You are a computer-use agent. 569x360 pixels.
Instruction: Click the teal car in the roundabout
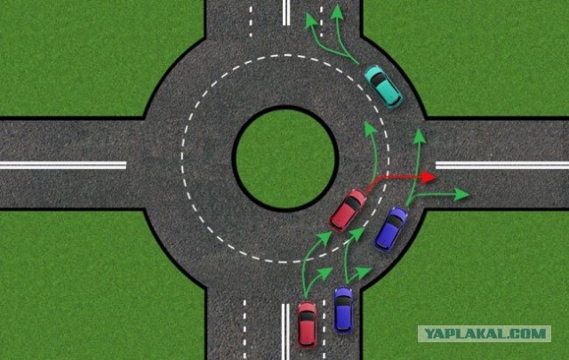[x=383, y=87]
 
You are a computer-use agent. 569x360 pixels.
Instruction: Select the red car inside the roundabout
[x=348, y=210]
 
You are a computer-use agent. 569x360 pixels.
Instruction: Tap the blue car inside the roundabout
[x=391, y=229]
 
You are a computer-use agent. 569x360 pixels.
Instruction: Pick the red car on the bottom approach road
[x=307, y=324]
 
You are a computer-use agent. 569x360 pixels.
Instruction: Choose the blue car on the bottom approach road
[x=343, y=309]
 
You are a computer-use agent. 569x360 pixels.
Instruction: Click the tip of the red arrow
[x=435, y=177]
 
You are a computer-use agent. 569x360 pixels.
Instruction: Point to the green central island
[x=285, y=158]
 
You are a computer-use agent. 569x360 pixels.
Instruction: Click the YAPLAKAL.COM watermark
[x=485, y=334]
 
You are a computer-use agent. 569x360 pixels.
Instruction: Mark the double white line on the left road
[x=63, y=165]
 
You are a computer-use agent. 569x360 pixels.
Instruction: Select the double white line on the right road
[x=502, y=165]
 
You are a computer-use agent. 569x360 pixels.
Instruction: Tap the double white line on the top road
[x=286, y=12]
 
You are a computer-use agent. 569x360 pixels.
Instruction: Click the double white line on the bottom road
[x=285, y=332]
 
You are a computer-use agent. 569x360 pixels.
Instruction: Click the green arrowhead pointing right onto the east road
[x=461, y=194]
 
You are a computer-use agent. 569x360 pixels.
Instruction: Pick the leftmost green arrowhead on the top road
[x=310, y=20]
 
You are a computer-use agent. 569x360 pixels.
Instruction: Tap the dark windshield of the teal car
[x=379, y=79]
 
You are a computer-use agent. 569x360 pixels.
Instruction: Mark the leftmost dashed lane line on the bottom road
[x=244, y=330]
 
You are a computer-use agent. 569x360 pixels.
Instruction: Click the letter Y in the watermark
[x=429, y=334]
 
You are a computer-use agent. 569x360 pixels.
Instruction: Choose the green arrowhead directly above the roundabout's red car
[x=369, y=129]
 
